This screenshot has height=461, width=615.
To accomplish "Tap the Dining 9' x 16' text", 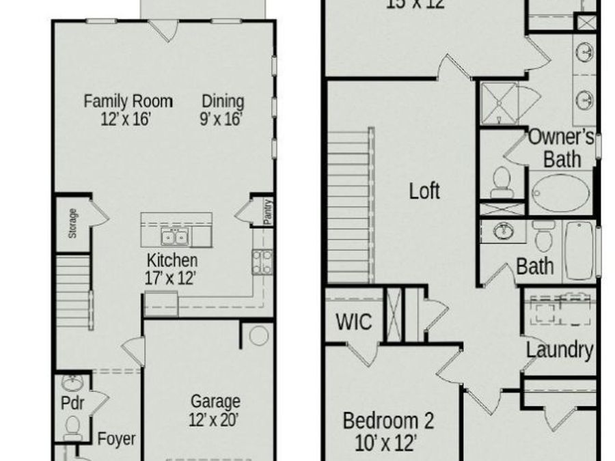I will coord(222,109).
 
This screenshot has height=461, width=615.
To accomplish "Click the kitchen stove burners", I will coord(261,262).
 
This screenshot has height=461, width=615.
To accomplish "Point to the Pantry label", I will coord(268,212).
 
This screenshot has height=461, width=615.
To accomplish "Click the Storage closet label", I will coord(72,223).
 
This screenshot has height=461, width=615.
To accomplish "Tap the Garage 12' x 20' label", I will coord(215,410).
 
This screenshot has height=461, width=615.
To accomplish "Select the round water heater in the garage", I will coord(259,336).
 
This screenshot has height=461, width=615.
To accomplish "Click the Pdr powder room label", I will coord(72,403).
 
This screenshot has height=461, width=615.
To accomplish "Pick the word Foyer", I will coord(116,438).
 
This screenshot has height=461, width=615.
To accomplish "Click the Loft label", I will coord(424,191).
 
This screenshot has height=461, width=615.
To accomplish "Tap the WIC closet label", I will coord(354,321).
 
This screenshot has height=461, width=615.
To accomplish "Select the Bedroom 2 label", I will coord(387,430).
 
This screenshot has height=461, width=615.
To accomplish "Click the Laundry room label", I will coord(559,350).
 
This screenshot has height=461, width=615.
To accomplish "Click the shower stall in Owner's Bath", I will coord(499,102).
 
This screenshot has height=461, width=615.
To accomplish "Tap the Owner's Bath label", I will coord(562,147).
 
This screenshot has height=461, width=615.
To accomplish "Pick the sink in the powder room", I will coord(71,382).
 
